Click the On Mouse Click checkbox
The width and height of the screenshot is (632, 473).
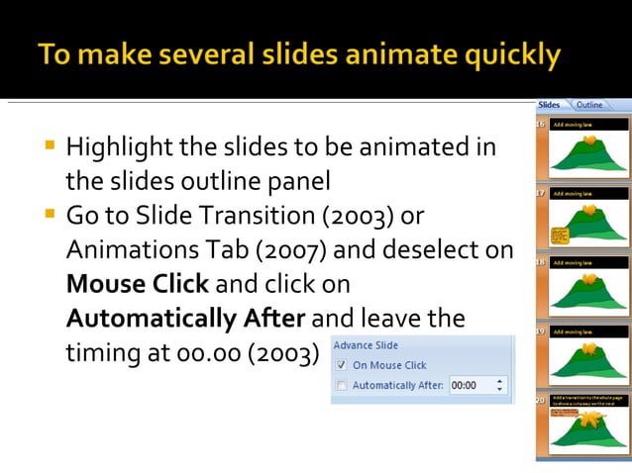pos(343,365)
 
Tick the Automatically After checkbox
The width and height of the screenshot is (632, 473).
pos(343,385)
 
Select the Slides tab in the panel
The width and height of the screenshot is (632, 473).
pos(549,105)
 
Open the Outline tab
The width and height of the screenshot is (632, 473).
pos(589,105)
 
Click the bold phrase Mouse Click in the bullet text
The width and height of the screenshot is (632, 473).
pos(137,284)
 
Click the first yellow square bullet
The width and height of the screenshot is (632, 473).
pos(49,146)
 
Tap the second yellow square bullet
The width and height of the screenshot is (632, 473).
pos(49,214)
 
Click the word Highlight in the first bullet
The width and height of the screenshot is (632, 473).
pos(120,149)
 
